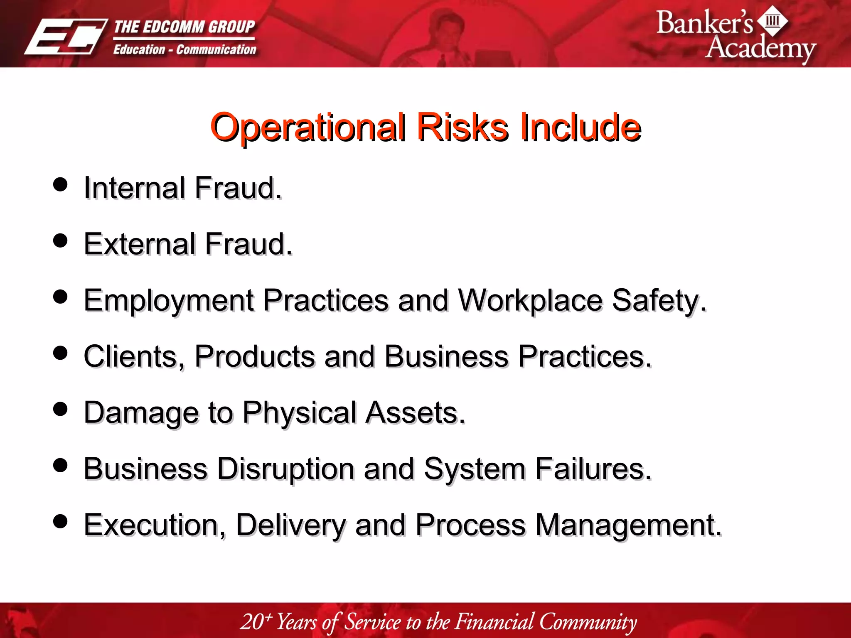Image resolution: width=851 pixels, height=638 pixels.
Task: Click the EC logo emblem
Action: tap(65, 37)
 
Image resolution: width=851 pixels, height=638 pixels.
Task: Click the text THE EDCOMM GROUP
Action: tap(184, 27)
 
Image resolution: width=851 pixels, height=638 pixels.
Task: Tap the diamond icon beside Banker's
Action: tap(772, 20)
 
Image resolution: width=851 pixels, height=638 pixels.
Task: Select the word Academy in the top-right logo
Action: tap(760, 48)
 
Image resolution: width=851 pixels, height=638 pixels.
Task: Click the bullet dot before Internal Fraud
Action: tap(61, 184)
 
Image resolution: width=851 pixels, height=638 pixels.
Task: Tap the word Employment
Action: tap(169, 301)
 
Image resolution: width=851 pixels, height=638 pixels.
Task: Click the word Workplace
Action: tap(530, 301)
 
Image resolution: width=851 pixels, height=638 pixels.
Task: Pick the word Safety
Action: tap(658, 301)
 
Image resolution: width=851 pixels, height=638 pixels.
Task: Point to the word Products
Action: tap(255, 356)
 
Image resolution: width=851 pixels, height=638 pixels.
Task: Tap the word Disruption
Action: tap(285, 469)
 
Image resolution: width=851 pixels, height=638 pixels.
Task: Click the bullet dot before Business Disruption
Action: tap(61, 465)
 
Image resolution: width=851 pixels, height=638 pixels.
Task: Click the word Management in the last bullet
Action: tap(628, 525)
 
